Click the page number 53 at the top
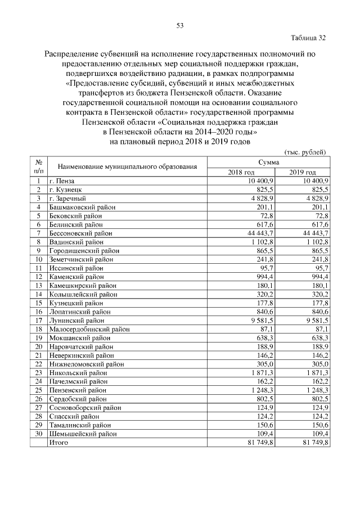pos(180,25)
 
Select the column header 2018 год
pos(241,172)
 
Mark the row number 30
pos(39,434)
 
